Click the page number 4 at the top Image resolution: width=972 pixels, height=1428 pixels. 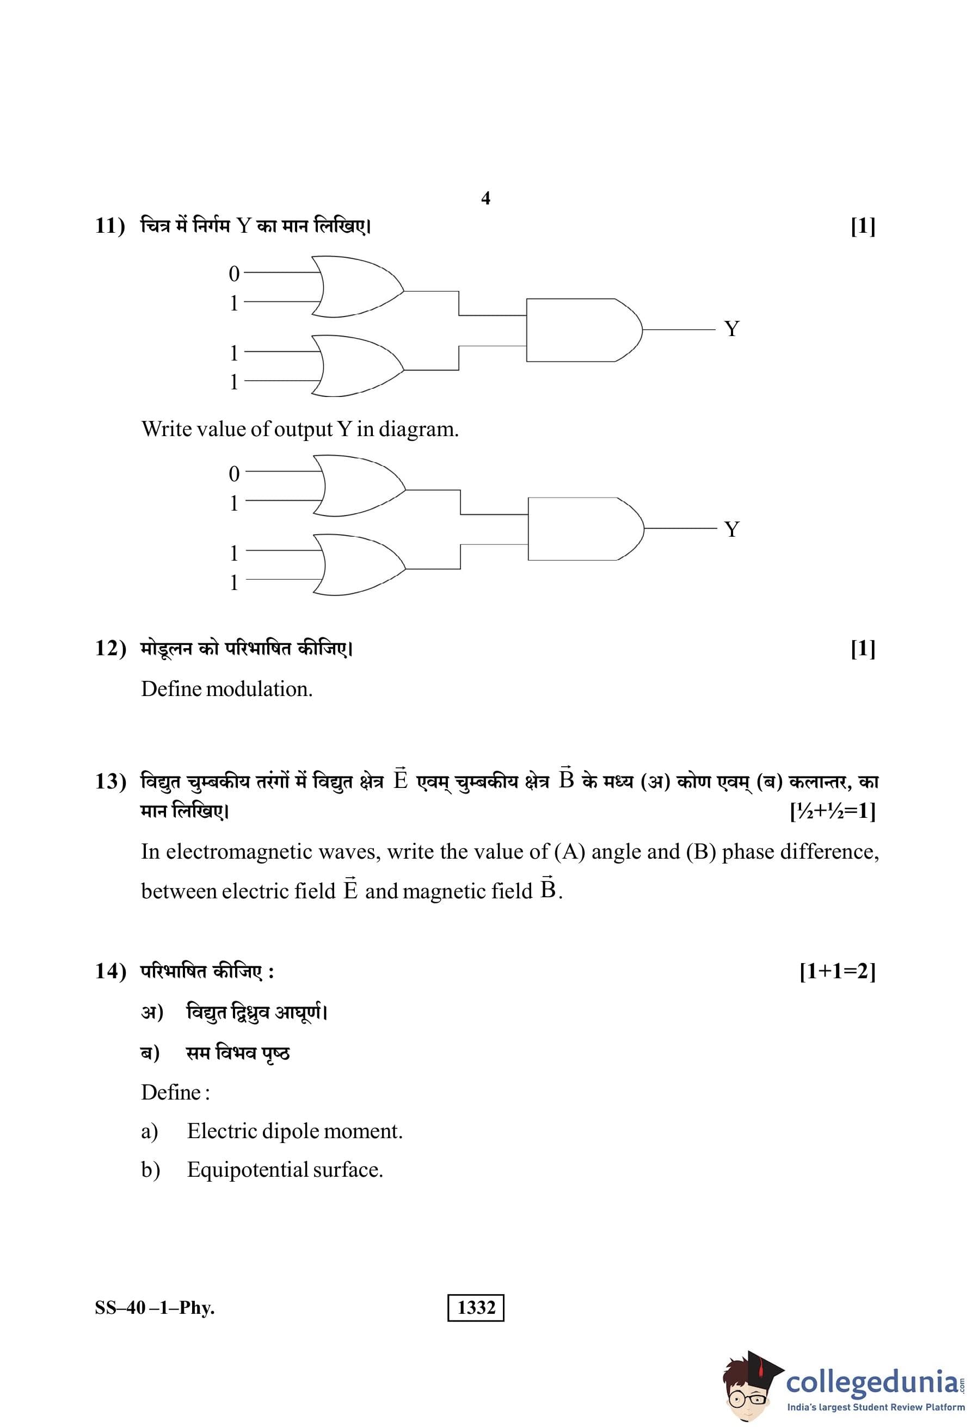(485, 198)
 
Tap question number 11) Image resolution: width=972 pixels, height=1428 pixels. (110, 226)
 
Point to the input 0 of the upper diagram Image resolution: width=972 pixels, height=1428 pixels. (233, 274)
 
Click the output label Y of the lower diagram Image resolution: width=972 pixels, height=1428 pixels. (731, 529)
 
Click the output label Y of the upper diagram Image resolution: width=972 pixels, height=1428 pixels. (731, 329)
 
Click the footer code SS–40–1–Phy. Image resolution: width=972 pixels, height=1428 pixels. (155, 1308)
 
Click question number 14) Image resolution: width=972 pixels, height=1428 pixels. (110, 971)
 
